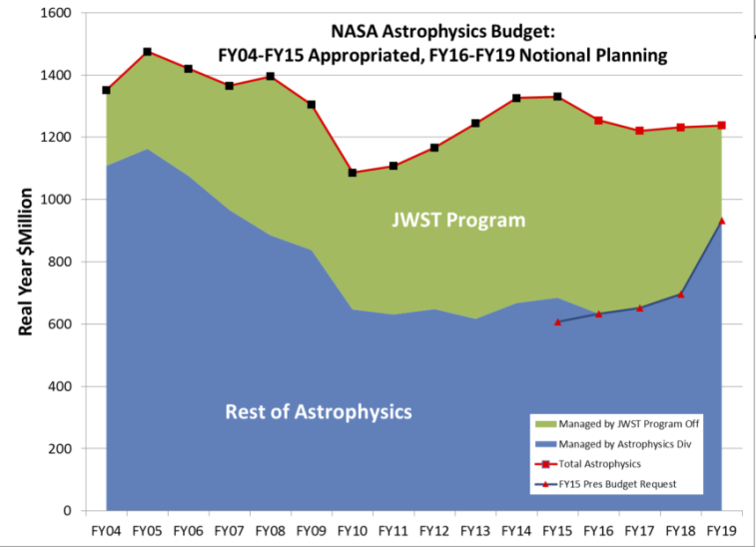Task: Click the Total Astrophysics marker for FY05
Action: click(x=147, y=52)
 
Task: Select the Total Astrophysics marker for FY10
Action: click(x=353, y=173)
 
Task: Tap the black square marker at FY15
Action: click(x=557, y=97)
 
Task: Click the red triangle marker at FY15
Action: click(x=557, y=321)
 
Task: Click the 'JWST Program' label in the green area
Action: click(x=458, y=220)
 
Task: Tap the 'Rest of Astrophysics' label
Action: click(x=319, y=411)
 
